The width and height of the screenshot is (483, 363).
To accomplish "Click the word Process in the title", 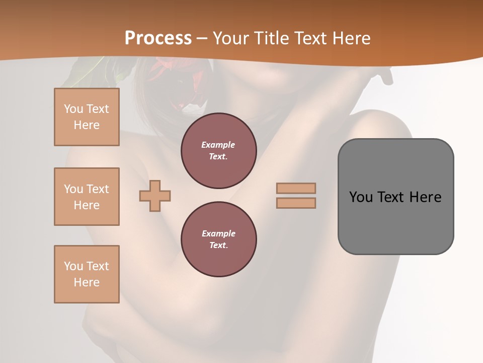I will [x=158, y=38].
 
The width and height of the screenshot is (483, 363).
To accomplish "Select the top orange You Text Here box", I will [x=87, y=117].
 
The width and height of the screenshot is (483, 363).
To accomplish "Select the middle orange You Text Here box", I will [x=87, y=197].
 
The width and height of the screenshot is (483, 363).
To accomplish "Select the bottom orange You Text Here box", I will [x=87, y=274].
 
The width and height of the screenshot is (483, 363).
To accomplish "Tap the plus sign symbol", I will [x=155, y=196].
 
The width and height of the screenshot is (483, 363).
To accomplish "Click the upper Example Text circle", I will [x=218, y=151].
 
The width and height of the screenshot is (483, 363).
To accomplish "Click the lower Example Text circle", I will [x=218, y=239].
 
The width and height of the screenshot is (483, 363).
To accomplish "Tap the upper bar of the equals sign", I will [x=296, y=189].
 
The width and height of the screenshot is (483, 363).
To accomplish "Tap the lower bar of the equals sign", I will [x=296, y=203].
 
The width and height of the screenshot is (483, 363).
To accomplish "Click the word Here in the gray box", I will [x=425, y=197].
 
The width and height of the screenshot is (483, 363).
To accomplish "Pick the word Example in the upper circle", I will [x=218, y=145].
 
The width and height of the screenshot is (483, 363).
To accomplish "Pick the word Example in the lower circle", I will [x=218, y=234].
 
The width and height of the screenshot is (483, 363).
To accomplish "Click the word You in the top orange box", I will [x=73, y=109].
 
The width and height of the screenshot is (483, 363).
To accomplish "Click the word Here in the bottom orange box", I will [x=87, y=282].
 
